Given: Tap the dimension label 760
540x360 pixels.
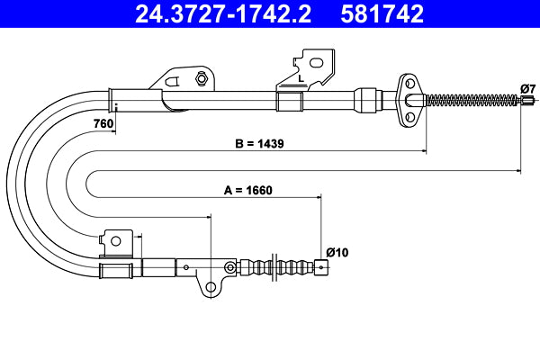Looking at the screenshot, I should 103,123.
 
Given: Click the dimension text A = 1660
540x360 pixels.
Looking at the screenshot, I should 247,190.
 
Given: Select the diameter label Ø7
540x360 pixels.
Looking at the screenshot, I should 527,87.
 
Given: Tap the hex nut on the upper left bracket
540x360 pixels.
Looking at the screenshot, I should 201,79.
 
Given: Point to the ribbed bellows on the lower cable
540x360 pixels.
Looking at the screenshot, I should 286,267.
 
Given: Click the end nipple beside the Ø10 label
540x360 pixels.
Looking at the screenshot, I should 320,267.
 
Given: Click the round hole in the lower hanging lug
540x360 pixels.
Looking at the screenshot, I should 211,288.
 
